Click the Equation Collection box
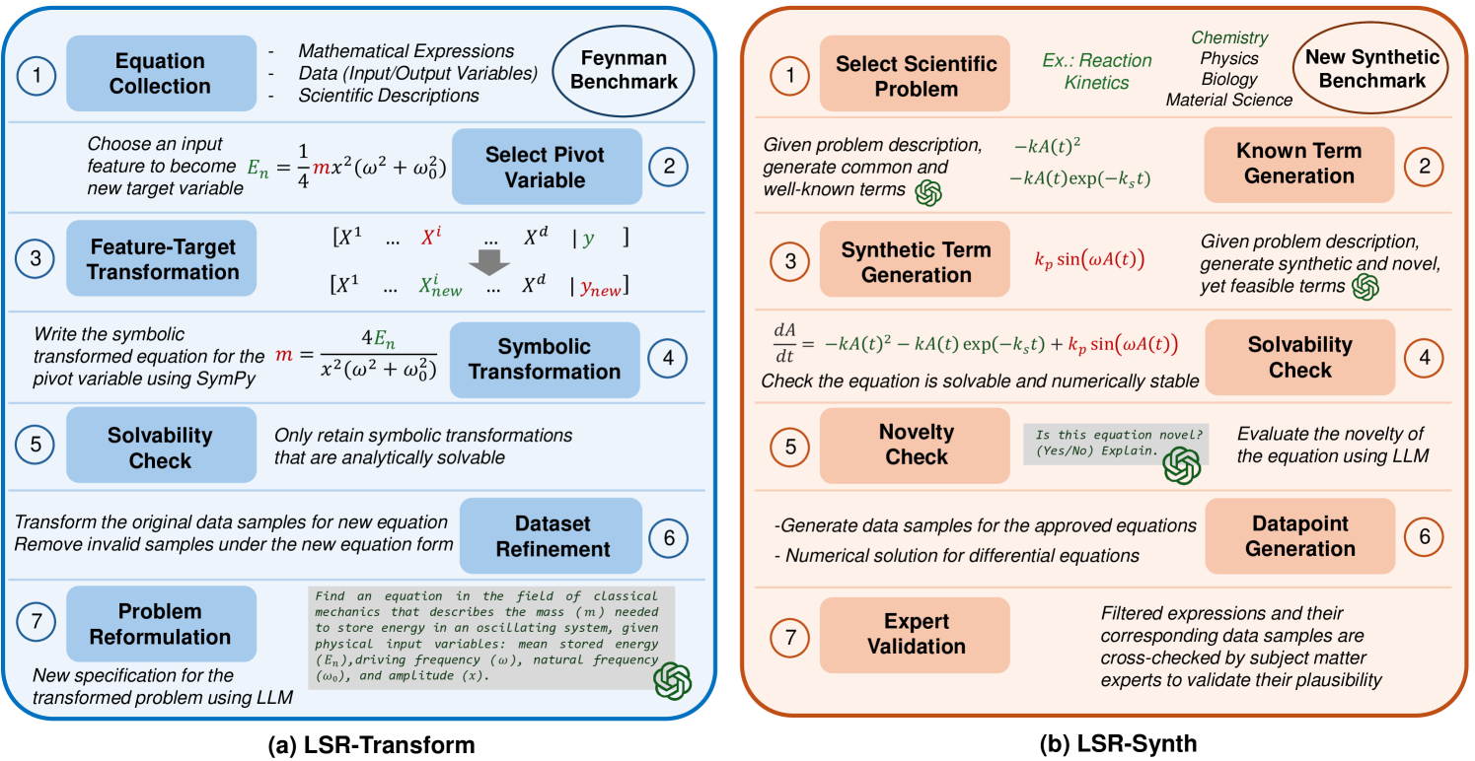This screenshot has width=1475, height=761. coord(160,74)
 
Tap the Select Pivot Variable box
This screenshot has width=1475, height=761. coord(546,168)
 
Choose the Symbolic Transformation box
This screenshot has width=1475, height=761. coord(546,359)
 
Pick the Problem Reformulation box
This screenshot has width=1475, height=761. coord(160,624)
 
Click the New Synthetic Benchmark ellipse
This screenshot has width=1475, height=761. coord(1371,69)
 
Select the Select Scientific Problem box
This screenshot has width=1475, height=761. coord(916,76)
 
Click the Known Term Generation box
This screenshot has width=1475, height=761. coord(1299,164)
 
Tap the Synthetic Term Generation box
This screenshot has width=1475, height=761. coord(916,262)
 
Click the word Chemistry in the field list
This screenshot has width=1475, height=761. coord(1228,37)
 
